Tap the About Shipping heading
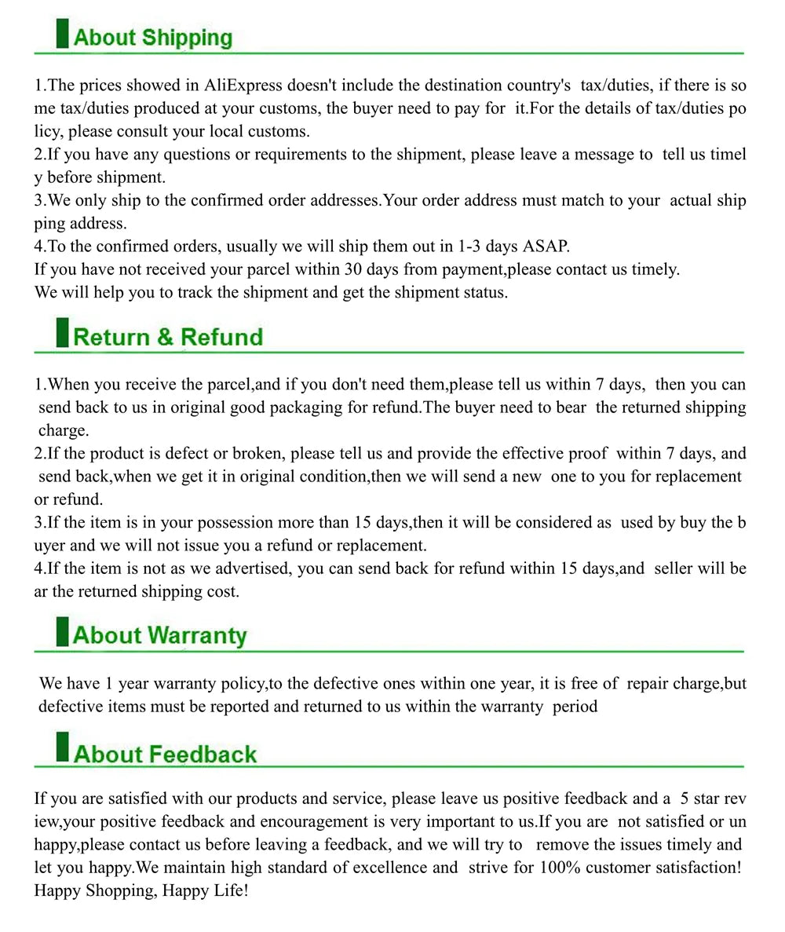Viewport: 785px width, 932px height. [153, 38]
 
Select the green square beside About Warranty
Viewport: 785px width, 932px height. [62, 632]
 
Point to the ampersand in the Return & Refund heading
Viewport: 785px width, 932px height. [165, 338]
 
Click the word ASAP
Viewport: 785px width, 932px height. [546, 247]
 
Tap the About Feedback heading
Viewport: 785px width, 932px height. [165, 755]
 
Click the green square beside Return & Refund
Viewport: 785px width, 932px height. [62, 333]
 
